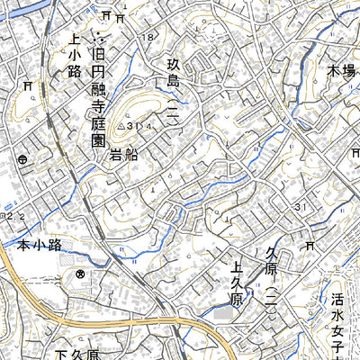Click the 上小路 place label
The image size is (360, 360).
coord(75,61)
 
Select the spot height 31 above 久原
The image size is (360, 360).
coord(301,210)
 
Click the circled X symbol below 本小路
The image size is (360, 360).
coord(80,274)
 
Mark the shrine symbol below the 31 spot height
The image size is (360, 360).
coord(310,245)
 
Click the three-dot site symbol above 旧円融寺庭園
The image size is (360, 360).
coord(99,40)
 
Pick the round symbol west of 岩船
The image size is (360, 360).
coord(21,158)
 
